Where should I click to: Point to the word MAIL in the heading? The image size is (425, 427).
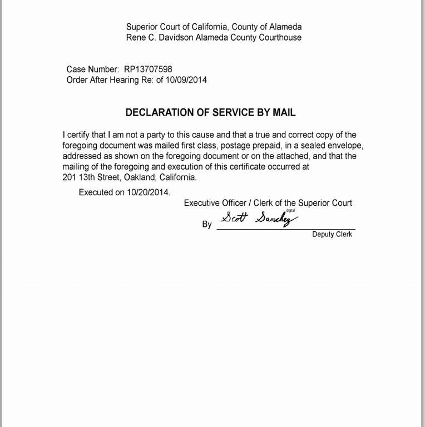(x=284, y=113)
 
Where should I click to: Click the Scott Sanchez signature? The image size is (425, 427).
(x=259, y=218)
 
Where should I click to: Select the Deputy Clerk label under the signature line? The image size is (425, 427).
(x=332, y=235)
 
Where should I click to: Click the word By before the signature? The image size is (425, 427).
(x=207, y=225)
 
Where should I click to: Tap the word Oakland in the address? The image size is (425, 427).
(x=140, y=177)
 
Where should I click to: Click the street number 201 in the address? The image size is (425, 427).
(x=69, y=177)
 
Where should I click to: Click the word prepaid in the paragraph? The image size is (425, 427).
(x=261, y=146)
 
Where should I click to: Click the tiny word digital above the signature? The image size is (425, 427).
(x=290, y=211)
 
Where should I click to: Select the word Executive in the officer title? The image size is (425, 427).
(x=201, y=203)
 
